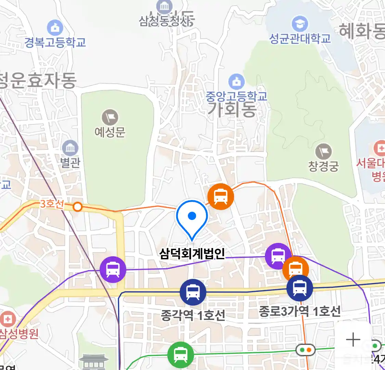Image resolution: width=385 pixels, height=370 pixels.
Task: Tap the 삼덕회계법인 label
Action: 192,254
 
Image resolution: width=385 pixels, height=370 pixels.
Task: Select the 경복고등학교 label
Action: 55,42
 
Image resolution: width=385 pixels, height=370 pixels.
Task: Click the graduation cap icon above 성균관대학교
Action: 300,24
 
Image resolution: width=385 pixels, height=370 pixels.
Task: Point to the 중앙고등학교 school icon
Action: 236,82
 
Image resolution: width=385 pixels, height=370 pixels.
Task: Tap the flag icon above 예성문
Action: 110,118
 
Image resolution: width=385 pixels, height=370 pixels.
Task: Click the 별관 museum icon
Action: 70,148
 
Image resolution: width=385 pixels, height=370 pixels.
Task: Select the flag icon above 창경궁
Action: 323,151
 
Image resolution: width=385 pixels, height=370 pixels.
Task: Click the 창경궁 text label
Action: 323,166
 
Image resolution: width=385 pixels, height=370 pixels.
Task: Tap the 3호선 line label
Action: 52,204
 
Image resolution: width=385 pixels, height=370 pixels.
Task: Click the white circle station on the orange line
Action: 78,207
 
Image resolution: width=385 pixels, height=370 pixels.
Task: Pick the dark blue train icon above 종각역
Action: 193,292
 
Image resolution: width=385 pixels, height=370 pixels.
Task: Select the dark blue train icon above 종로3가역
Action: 300,288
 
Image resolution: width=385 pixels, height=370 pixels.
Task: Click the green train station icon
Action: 180,355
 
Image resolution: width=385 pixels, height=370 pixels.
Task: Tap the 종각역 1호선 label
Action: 193,315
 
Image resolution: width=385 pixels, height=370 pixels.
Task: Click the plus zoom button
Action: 353,340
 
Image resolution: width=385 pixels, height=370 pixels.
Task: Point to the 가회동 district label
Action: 232,110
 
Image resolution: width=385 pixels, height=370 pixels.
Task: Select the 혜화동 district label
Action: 362,32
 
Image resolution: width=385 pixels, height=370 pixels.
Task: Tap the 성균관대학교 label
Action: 300,38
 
